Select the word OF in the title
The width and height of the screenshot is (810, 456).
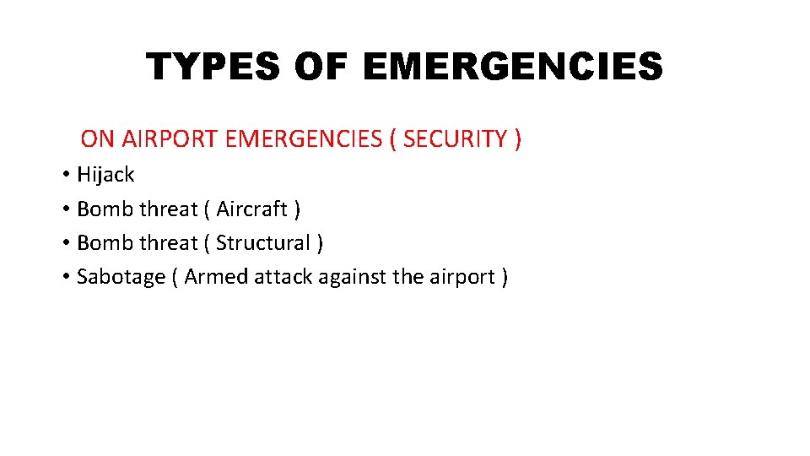coord(322,67)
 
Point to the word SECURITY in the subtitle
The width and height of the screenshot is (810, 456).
coord(455,138)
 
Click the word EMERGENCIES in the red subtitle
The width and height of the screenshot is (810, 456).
coord(305,138)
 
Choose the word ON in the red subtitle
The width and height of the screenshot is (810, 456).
coord(98,138)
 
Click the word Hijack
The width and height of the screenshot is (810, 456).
coord(105,175)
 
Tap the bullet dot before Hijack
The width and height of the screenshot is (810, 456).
coord(65,176)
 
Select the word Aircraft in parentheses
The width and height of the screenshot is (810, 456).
coord(251,209)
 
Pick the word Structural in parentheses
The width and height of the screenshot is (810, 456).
coord(262,243)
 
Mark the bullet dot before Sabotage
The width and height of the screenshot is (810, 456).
coord(65,278)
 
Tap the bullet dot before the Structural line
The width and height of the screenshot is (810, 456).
coord(65,244)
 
